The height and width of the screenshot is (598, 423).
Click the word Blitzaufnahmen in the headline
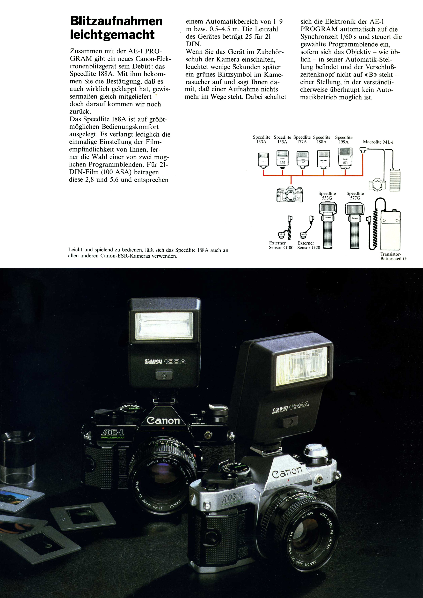(x=116, y=21)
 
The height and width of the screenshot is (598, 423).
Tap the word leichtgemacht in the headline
(x=112, y=35)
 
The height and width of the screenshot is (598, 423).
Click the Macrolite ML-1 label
(x=378, y=142)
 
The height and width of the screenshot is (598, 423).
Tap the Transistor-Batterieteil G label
(x=393, y=256)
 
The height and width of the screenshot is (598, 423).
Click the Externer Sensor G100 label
(x=281, y=245)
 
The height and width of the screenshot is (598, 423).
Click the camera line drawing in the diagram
(x=290, y=194)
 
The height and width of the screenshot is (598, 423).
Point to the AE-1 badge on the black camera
(x=113, y=433)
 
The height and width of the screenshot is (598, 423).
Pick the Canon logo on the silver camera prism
(x=287, y=472)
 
